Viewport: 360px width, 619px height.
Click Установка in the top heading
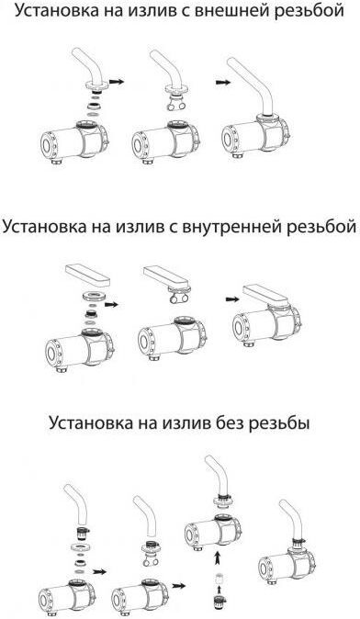click(x=56, y=11)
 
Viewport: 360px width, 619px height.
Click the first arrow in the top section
click(x=117, y=82)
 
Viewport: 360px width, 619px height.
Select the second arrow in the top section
click(x=222, y=82)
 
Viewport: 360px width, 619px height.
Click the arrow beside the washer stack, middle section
click(x=111, y=305)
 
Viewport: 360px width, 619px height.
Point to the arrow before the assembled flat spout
click(x=232, y=299)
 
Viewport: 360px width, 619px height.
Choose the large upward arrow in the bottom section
click(x=217, y=558)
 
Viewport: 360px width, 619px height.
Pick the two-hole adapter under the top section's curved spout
click(x=175, y=104)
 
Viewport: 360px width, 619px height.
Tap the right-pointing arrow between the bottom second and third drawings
click(x=179, y=585)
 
